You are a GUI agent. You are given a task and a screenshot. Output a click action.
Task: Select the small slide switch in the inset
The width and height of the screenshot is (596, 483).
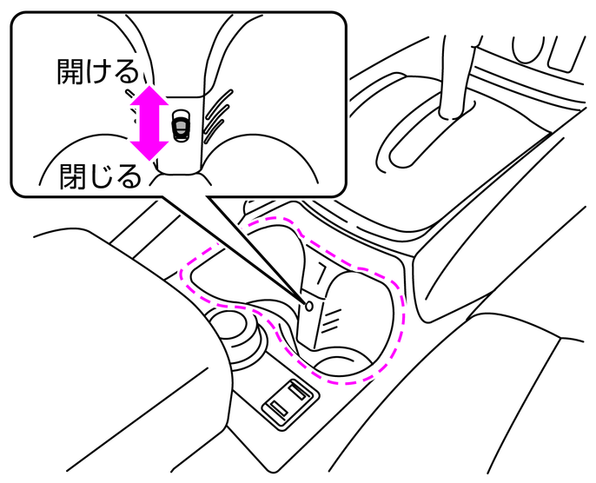click(180, 124)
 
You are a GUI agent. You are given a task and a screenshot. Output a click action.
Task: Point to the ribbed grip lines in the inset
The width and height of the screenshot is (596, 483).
click(216, 113)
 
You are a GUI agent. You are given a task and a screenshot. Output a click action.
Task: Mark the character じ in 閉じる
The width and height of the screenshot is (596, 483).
click(101, 176)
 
